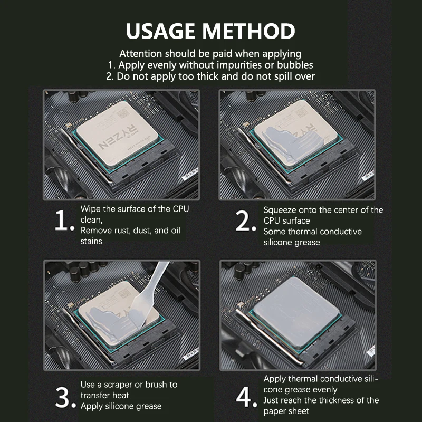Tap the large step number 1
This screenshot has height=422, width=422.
point(64,223)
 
